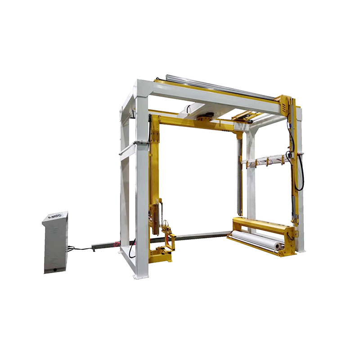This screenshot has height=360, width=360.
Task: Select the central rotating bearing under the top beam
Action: (x=205, y=118)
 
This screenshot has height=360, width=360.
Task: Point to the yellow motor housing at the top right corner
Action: (x=285, y=104)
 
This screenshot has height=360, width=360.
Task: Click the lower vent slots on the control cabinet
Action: (x=55, y=259)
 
